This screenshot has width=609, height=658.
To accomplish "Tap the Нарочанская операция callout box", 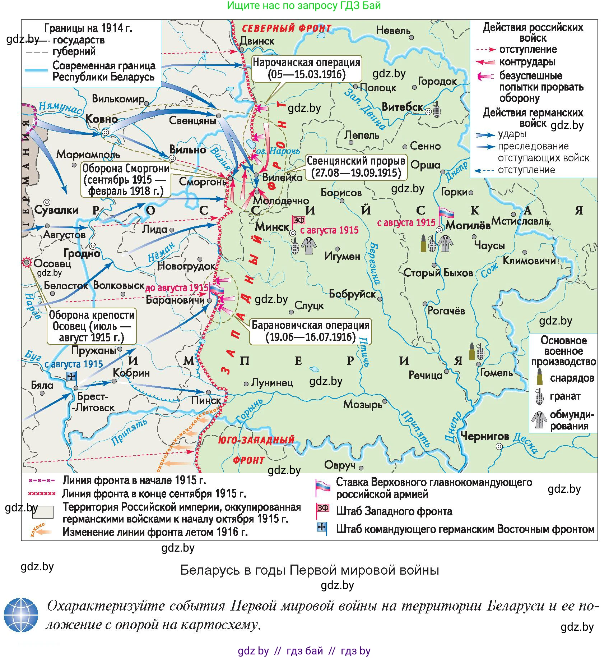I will coord(306,68).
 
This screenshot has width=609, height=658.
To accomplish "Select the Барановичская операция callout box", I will coord(310,331).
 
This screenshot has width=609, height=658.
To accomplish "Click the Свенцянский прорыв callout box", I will coord(356,167).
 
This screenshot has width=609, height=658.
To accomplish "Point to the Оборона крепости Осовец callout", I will coord(92,326).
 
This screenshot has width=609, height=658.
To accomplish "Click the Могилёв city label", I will coord(468,226).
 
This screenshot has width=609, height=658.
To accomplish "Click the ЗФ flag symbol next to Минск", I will coord(298,220).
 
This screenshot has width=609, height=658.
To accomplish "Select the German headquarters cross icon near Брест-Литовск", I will coord(71,376).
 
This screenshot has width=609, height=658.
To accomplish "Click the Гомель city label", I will coord(497,373).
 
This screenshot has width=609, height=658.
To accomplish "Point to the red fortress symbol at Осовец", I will coord(27,262).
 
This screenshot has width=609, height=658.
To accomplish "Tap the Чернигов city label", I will coord(484,436).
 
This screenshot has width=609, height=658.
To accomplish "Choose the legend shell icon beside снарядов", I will coord(539,376).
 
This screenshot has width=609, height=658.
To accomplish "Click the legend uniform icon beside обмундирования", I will coord(539,419).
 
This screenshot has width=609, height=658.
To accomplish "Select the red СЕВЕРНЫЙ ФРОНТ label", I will coord(286,28).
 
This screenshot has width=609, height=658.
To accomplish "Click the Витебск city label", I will coord(403,107).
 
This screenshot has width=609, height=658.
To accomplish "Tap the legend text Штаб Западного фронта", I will coord(394,511).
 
